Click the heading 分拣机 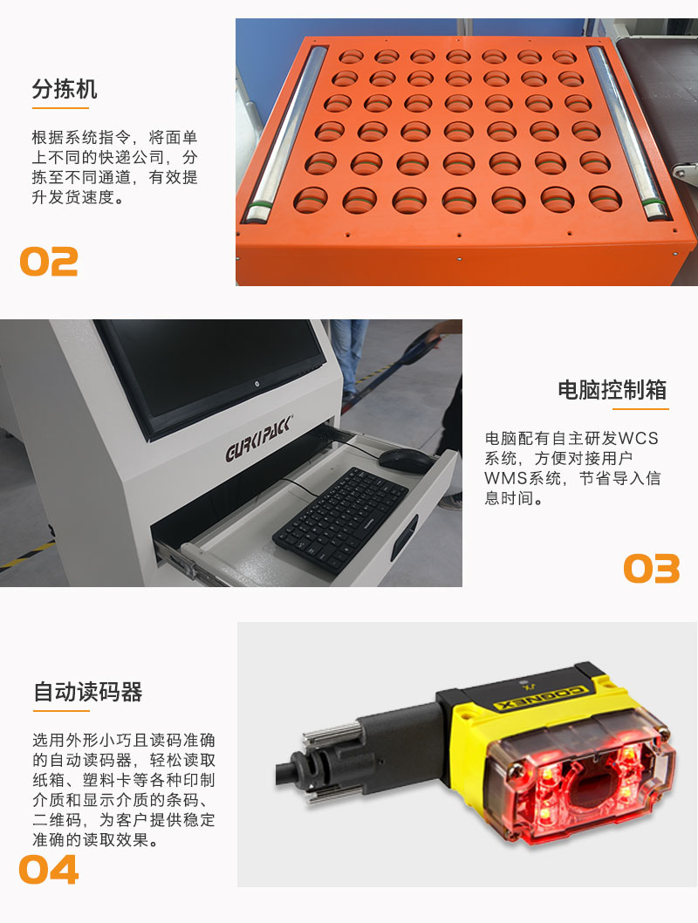65,89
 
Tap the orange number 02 49,262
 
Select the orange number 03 652,569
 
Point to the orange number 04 49,870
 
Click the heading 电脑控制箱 612,390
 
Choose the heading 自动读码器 88,692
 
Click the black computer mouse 406,461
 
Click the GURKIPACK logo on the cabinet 258,439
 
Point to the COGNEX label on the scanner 541,699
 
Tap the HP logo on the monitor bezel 257,384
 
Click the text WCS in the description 638,439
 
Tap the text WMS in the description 505,478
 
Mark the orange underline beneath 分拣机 60,108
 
